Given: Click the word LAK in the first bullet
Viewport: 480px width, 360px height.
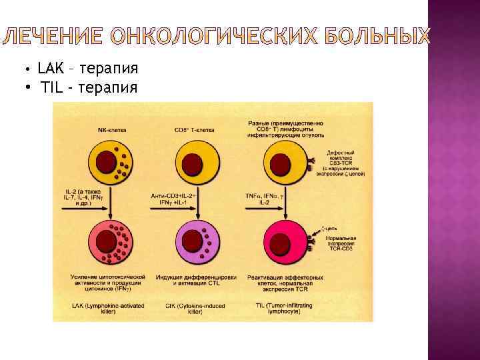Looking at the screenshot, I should coord(49,68).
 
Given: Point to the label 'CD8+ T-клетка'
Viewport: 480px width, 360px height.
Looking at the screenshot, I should coord(195,130).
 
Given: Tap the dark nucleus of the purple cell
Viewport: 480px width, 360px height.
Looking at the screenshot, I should coord(193,240).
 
